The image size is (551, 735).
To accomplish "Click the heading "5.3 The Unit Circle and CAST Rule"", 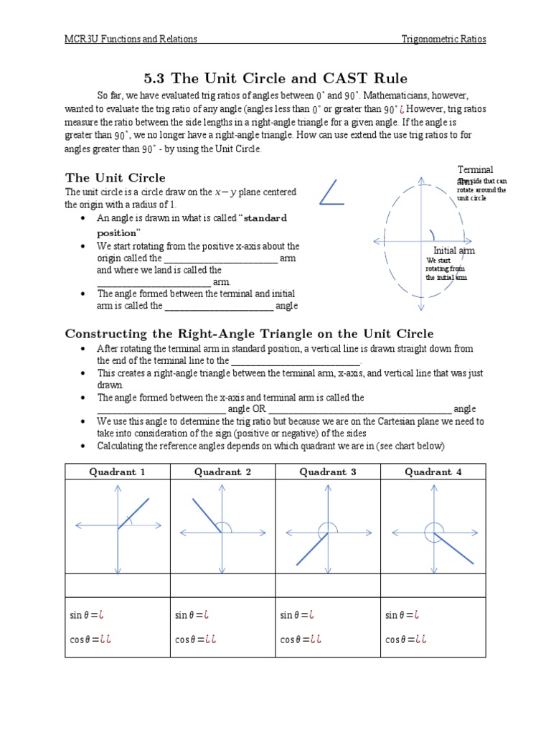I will coord(275,78).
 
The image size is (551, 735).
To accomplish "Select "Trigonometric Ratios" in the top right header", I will coord(443,39).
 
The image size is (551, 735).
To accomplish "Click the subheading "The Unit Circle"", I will coord(115,177).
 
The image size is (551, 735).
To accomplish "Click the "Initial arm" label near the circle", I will coord(454,251).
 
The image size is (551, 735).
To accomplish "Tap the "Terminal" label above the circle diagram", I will coord(475,170).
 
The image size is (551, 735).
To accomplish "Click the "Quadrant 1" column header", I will coord(117,472).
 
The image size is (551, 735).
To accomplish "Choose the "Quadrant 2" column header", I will coord(222,472).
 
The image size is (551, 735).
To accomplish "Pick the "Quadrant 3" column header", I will coord(328,472).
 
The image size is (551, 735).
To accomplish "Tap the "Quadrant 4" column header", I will coord(433,472).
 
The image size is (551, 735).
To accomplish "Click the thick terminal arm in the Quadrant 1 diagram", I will coord(133,514).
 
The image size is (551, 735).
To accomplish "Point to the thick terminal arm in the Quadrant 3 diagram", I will coord(312,549).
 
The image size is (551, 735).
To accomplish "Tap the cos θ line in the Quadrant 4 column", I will coord(402,640).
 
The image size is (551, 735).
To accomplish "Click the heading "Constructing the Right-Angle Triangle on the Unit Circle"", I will coord(249,333).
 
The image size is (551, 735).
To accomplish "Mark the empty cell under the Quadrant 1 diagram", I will coord(117,585).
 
